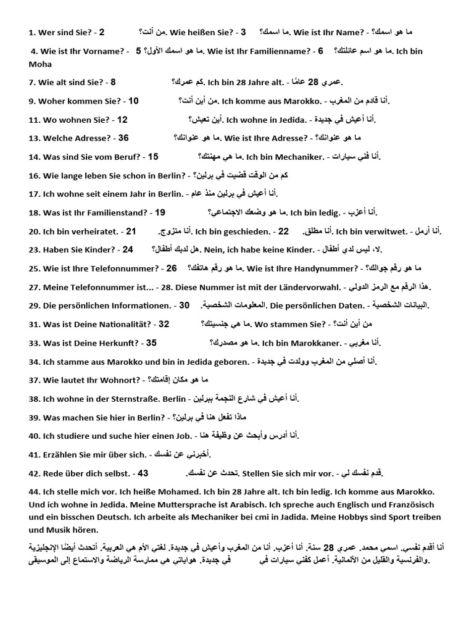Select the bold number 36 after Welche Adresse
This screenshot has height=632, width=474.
123,138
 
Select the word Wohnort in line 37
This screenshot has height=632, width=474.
120,380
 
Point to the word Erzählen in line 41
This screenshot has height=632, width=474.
61,454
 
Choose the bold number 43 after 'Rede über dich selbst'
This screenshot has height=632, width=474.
143,473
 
